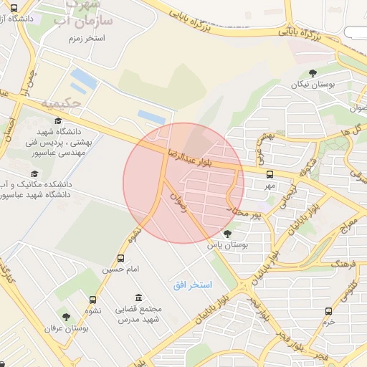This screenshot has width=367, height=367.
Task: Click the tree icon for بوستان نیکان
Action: tap(313, 72)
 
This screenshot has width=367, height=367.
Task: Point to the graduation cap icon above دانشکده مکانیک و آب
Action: tap(34, 173)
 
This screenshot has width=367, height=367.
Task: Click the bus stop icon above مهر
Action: tap(270, 173)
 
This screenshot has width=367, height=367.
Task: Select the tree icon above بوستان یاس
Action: tap(228, 233)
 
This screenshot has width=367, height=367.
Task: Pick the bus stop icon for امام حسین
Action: tap(120, 258)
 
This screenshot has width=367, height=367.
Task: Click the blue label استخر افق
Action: tap(193, 285)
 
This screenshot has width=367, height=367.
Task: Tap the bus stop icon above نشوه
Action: tap(92, 300)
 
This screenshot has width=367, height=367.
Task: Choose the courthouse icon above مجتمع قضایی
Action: tap(138, 297)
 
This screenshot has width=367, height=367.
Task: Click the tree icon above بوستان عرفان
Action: tap(66, 316)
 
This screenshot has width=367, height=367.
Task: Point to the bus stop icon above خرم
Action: tap(329, 311)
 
